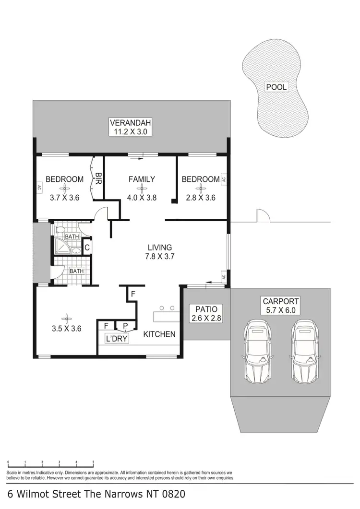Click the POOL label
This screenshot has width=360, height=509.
(276, 87)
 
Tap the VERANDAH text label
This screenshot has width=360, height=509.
(127, 121)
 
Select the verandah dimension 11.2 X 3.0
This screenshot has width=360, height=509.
(127, 130)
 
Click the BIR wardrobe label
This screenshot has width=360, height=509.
(98, 179)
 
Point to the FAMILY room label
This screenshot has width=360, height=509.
(142, 179)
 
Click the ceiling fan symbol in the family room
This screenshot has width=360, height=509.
(142, 189)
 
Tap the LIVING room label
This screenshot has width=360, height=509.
(160, 248)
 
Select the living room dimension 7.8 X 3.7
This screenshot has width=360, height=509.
(160, 256)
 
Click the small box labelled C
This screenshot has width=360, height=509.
(87, 248)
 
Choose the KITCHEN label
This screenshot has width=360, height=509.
(159, 334)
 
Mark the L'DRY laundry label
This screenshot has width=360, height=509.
(116, 339)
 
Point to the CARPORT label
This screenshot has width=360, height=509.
(281, 301)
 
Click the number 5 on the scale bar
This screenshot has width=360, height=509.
(93, 462)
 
